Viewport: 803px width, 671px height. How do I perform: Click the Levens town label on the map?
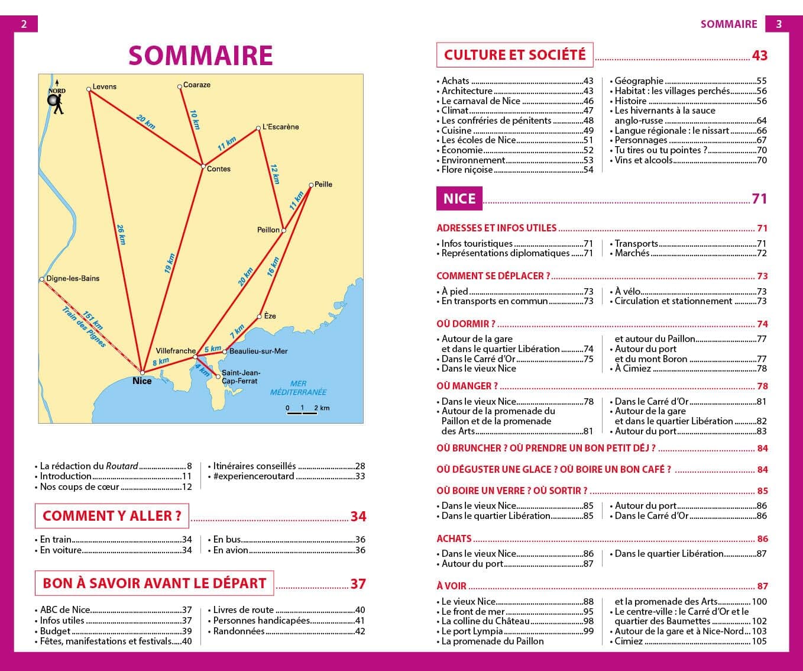click(x=105, y=86)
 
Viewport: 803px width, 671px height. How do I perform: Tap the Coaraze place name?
click(x=197, y=85)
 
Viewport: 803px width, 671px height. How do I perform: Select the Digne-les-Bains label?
click(x=73, y=278)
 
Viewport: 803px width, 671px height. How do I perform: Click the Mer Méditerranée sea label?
click(x=298, y=388)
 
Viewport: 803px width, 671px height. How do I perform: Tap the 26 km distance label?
click(x=121, y=234)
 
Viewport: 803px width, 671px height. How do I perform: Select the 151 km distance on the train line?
click(x=93, y=320)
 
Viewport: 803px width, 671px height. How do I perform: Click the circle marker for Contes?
click(x=202, y=166)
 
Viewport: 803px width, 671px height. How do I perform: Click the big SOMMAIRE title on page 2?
click(x=200, y=56)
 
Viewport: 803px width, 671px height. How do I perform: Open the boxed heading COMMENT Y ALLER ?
click(x=112, y=516)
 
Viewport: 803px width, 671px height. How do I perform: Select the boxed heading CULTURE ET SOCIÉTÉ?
click(x=514, y=55)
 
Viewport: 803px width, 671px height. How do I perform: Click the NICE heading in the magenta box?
click(x=459, y=198)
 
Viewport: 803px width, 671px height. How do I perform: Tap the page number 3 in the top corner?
click(x=779, y=24)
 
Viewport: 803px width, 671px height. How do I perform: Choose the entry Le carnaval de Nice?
click(x=481, y=101)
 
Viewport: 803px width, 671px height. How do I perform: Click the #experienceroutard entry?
click(x=254, y=476)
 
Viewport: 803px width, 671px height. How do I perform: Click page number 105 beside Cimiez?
click(x=759, y=641)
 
